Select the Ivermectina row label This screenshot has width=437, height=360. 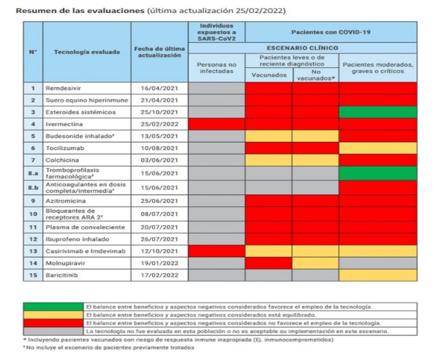[64, 124]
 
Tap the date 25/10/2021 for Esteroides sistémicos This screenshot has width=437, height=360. [159, 112]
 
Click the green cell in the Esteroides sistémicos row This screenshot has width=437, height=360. [378, 112]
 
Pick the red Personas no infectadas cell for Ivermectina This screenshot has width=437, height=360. [217, 124]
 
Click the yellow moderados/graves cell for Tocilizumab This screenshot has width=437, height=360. [378, 148]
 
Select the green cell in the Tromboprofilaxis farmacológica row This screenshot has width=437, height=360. [378, 173]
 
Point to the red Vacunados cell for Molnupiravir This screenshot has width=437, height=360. [269, 263]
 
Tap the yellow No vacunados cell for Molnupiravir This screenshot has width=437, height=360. [315, 263]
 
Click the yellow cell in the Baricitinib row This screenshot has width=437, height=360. [378, 275]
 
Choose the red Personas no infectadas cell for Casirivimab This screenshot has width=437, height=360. [217, 251]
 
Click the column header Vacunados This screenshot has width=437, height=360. [269, 75]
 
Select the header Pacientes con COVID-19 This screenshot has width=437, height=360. [331, 32]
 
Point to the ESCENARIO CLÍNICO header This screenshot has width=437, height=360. [302, 48]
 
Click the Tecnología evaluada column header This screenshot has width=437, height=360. [87, 52]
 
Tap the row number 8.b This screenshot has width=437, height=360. [33, 188]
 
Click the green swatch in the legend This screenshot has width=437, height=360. [53, 306]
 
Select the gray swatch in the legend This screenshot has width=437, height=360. [53, 332]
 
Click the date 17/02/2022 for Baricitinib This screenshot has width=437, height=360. [159, 275]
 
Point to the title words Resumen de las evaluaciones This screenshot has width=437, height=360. [80, 11]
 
